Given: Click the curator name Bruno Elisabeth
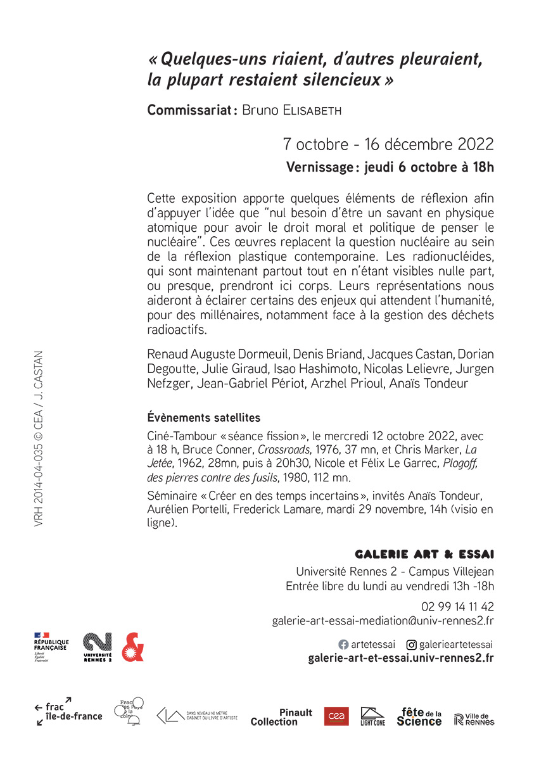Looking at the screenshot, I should (292, 110).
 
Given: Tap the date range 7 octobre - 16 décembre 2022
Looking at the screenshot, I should (388, 144).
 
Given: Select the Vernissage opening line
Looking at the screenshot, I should (390, 168).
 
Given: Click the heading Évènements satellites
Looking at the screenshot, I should (203, 418).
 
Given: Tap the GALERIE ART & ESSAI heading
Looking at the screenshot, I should (424, 554).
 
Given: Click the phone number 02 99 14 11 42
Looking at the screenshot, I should (457, 606).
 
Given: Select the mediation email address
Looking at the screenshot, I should (383, 621).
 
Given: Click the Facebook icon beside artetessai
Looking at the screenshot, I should (343, 645).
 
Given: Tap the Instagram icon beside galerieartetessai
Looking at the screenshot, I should (411, 645).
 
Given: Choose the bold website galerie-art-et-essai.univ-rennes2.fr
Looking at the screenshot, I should (401, 658).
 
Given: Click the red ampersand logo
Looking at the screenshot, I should (132, 647).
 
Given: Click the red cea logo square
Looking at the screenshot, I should (336, 716).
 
